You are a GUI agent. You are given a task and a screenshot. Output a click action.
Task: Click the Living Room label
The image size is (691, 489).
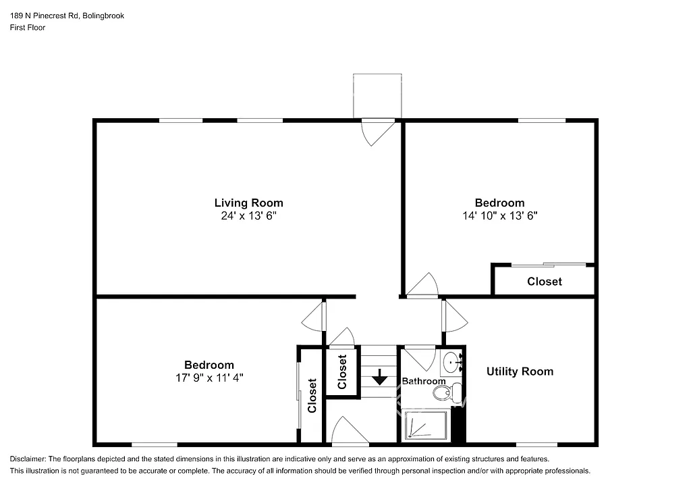[x=248, y=203]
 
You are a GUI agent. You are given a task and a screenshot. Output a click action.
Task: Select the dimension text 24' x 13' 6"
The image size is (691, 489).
[x=248, y=216]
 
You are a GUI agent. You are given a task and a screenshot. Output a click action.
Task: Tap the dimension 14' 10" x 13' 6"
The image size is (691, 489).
[x=499, y=216]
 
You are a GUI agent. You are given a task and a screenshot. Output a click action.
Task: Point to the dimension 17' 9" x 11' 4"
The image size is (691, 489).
[x=209, y=378]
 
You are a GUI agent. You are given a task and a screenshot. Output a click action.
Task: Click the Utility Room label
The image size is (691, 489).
[x=520, y=371]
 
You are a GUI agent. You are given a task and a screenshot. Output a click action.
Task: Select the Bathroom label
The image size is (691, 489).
[x=424, y=382]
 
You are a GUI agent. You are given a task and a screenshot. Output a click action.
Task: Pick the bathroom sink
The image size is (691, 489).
[x=451, y=364]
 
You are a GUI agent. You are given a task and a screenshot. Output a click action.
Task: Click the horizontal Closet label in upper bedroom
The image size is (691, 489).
[x=544, y=282]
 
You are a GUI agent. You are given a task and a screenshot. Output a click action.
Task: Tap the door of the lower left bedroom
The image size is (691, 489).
[x=314, y=316]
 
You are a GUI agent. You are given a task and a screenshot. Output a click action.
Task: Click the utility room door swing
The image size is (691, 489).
[x=454, y=315]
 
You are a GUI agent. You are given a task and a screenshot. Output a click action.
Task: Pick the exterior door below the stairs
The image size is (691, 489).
[x=350, y=432]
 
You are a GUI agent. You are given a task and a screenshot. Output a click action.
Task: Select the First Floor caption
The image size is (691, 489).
[x=27, y=28]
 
